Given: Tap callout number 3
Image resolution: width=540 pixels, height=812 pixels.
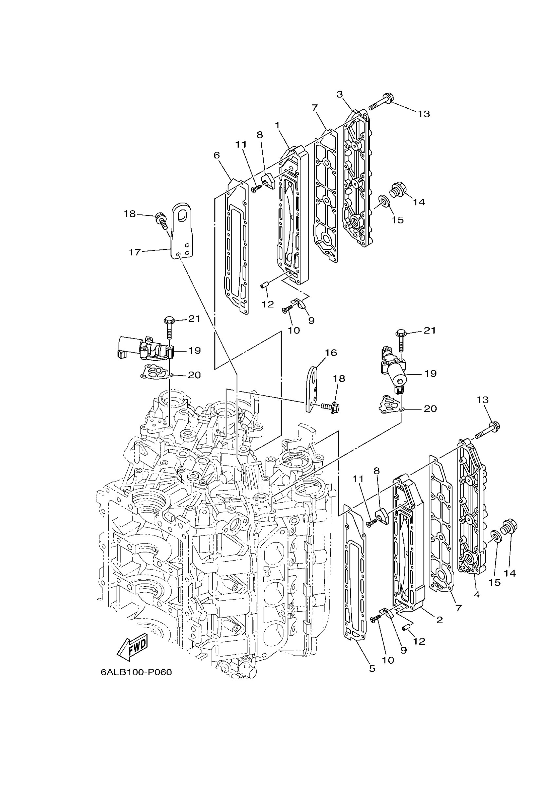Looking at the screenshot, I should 340,94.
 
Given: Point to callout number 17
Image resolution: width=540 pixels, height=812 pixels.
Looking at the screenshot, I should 135,252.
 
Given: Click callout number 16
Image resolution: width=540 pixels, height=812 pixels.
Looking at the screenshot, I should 331,352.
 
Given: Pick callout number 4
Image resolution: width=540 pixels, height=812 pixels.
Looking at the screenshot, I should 476,594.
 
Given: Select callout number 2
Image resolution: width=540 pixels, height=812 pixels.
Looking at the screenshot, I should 439,620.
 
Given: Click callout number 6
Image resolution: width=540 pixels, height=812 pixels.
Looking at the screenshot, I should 216,155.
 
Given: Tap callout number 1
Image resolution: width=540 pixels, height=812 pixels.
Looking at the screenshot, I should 277,126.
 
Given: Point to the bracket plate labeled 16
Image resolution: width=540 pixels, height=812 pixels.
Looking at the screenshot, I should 312,389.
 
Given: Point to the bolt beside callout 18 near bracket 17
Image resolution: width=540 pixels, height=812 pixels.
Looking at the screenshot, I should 161,220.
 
